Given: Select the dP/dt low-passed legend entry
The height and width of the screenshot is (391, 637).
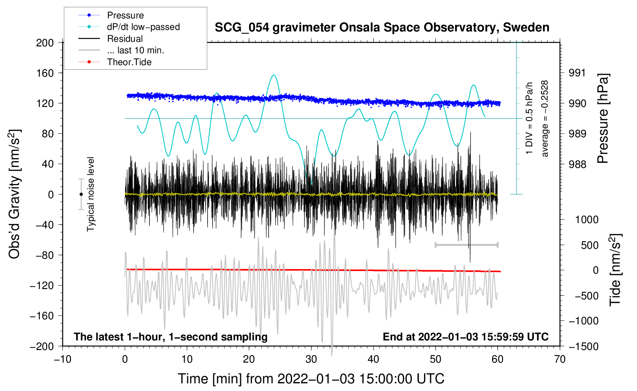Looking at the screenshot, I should click(x=143, y=27).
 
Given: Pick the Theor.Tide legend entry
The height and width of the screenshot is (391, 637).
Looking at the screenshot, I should click(x=129, y=62).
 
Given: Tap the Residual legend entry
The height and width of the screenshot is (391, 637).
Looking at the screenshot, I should click(x=125, y=39).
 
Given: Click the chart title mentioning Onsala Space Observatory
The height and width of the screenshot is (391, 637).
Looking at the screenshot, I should click(x=382, y=28).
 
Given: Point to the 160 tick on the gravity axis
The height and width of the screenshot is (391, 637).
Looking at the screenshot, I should click(x=45, y=73).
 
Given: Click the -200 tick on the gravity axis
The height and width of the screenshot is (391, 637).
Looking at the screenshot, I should click(x=42, y=346).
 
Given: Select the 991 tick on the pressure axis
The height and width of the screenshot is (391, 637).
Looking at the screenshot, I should click(x=578, y=73).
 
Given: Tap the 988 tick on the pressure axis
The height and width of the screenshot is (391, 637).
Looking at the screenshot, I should click(x=578, y=164).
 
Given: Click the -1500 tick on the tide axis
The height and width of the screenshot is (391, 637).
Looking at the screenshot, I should click(x=584, y=346).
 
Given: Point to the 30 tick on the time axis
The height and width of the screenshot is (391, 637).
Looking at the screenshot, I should click(x=311, y=359).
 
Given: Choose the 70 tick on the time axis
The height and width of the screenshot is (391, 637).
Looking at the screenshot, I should click(x=560, y=359).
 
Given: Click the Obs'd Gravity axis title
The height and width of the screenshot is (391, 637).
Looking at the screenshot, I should click(x=15, y=194).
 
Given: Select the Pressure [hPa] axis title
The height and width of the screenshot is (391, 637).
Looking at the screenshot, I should click(x=603, y=118).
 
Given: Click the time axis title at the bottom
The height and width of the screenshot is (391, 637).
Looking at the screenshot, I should click(x=311, y=379).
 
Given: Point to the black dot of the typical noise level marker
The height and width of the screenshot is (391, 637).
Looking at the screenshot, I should click(x=81, y=194).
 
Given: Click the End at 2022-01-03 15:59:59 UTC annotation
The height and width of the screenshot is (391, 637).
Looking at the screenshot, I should click(x=465, y=337).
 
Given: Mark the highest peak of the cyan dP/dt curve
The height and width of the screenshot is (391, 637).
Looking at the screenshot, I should click(x=274, y=75).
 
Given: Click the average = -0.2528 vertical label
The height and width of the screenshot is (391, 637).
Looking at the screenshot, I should click(x=545, y=118).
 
